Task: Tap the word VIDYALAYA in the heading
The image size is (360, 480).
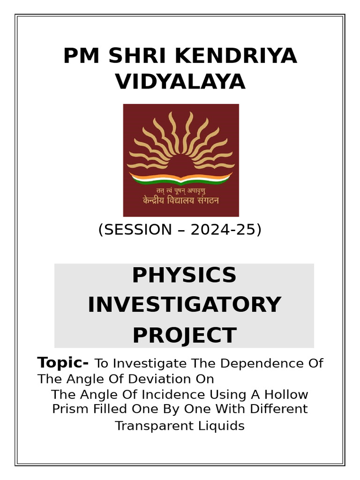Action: point(180,82)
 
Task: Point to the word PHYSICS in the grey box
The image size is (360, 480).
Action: point(184,275)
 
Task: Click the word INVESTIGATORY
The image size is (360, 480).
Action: point(184,305)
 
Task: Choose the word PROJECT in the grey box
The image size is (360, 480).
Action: point(184,335)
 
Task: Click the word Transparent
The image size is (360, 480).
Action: point(153,426)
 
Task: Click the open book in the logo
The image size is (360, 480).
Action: point(180,178)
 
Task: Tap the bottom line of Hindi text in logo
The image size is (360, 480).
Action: point(180,201)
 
